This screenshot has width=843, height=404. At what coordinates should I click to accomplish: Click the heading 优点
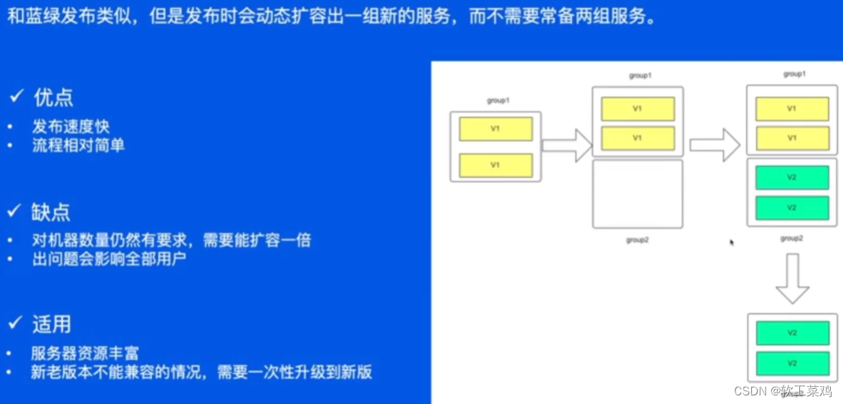pos(53,98)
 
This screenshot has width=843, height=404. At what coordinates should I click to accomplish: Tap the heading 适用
pos(51,324)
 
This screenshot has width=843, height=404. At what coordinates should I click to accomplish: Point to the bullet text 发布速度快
pos(70,127)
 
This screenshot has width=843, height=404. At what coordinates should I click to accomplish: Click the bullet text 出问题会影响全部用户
pos(109,259)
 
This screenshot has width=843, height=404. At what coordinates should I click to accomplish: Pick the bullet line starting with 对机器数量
pos(171,240)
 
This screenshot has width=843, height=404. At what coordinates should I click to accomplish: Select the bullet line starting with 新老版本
pos(201,372)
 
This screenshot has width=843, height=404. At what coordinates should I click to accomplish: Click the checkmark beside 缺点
pos(15,211)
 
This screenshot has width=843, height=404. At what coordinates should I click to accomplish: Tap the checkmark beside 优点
pos(15,97)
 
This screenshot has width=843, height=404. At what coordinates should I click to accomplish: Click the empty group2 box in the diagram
pos(637,194)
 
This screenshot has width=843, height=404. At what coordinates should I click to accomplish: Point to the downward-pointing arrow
pos(792,278)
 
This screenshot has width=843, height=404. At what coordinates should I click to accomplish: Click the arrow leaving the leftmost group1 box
pos(566,146)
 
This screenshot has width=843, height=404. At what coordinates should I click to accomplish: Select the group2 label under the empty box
pos(637,240)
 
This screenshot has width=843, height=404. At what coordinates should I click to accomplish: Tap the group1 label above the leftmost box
pos(497,100)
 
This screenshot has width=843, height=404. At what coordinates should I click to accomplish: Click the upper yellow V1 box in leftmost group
pos(495,129)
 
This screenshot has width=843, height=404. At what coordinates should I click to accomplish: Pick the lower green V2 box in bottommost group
pos(792,363)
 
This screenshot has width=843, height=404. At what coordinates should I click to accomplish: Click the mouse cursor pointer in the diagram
pos(731,243)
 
